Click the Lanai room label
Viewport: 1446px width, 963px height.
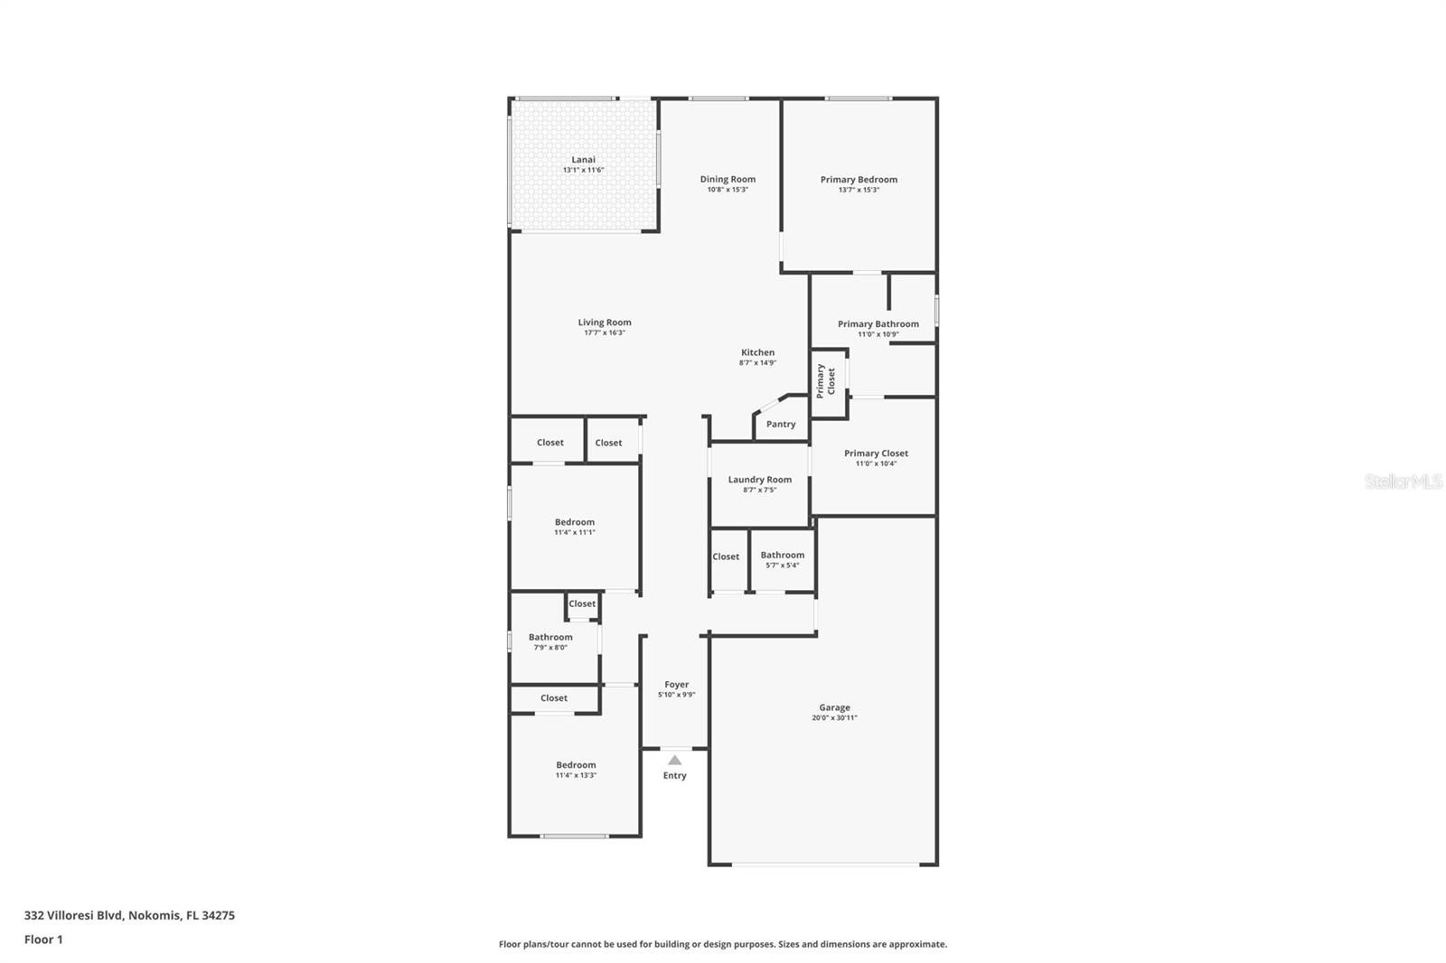[583, 159]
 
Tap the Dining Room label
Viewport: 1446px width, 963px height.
[728, 179]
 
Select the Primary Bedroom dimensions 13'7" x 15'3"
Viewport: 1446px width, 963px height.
[859, 190]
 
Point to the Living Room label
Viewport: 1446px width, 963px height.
[605, 323]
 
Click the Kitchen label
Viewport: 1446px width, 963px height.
[757, 352]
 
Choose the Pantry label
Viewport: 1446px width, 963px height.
[781, 424]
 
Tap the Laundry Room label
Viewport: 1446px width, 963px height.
[759, 480]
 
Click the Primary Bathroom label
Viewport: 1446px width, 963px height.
[878, 324]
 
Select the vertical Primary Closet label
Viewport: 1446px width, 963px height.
[826, 381]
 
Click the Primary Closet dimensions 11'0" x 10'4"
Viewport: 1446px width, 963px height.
[876, 463]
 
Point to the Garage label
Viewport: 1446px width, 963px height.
[834, 707]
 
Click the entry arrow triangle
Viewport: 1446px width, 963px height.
[674, 761]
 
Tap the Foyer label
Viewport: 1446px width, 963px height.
[677, 684]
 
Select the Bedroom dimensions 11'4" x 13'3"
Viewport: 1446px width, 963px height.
[576, 775]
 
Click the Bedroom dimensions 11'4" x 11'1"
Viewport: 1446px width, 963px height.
[575, 532]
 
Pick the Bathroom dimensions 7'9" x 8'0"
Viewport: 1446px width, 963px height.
[550, 648]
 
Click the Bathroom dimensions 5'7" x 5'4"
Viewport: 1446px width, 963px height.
[783, 566]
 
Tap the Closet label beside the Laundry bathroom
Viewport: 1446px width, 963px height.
[726, 556]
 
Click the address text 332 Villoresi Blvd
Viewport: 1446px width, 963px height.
[73, 915]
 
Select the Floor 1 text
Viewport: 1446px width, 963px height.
[43, 940]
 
